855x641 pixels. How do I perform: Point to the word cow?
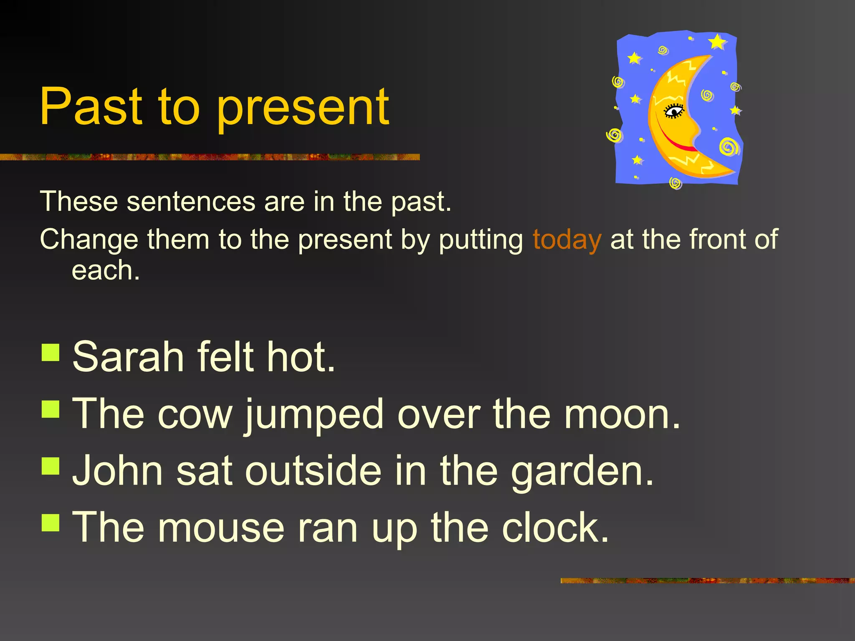tap(195, 415)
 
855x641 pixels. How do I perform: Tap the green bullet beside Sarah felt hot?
tap(51, 352)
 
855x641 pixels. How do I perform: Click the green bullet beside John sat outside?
tap(51, 466)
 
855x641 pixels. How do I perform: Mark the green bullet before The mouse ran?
tap(51, 522)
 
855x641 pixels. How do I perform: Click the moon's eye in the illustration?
tap(673, 111)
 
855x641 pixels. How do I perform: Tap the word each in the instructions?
tap(105, 271)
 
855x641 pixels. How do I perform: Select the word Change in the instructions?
tap(89, 240)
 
